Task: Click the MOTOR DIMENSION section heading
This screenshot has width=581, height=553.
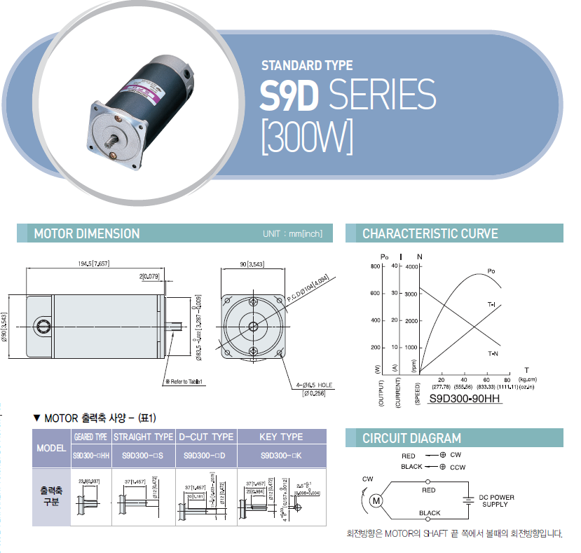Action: tap(87, 233)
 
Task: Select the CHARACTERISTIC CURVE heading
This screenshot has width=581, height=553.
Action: tap(430, 233)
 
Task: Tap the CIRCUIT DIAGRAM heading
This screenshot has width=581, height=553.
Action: tap(411, 439)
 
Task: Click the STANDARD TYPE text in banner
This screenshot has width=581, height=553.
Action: tap(307, 66)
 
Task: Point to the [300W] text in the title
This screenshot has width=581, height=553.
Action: tap(306, 136)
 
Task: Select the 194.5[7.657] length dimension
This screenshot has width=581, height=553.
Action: tap(95, 263)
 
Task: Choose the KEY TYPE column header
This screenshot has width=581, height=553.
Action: tap(281, 437)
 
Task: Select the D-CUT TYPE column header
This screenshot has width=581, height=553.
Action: tap(205, 437)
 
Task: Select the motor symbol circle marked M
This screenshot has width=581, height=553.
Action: tap(376, 500)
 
